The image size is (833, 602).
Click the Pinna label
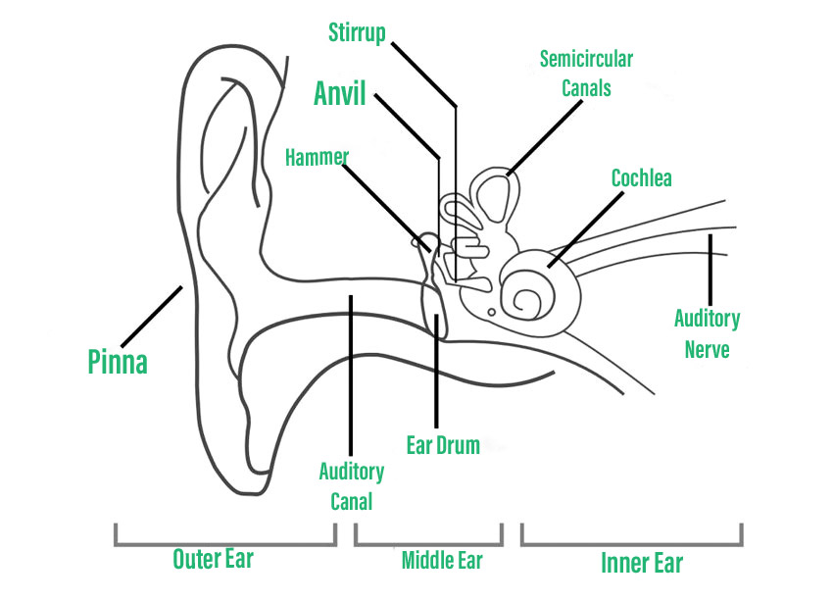click(118, 362)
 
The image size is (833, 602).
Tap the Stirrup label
click(358, 33)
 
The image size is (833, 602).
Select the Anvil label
click(340, 94)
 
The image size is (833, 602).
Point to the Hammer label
click(317, 156)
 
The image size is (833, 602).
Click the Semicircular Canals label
click(586, 74)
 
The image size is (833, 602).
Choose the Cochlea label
click(641, 178)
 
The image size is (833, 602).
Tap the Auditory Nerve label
click(707, 332)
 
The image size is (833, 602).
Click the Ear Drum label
click(443, 446)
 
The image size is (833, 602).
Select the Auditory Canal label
click(351, 485)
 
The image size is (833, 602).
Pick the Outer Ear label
click(213, 559)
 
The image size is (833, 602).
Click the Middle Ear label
click(442, 561)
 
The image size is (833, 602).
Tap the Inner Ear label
click(641, 562)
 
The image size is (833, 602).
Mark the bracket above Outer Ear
click(224, 539)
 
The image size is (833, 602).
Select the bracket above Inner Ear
click(632, 539)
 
